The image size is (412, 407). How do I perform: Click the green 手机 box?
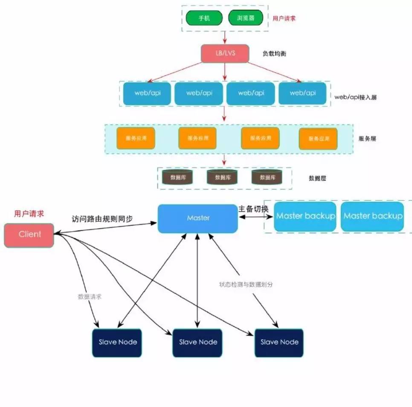[204, 18]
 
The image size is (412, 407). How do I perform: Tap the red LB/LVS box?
[225, 53]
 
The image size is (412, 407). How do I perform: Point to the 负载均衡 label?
[274, 54]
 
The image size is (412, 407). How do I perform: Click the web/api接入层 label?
[355, 97]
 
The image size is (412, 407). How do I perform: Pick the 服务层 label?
[367, 139]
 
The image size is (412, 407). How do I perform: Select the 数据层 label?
[317, 178]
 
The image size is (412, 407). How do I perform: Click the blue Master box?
[198, 218]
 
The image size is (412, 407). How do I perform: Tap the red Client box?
[29, 235]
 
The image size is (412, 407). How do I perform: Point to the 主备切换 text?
[253, 208]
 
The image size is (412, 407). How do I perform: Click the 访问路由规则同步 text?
[102, 219]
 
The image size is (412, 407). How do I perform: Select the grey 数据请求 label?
[90, 297]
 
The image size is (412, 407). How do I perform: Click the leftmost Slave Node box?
[118, 342]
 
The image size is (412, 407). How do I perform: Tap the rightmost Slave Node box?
[279, 342]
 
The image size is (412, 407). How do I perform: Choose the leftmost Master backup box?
[305, 216]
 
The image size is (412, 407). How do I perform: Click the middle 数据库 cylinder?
[222, 177]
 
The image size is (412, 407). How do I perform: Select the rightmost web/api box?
[302, 93]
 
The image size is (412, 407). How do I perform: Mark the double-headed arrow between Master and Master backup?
[255, 217]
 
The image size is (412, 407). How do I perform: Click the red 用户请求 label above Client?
[29, 213]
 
